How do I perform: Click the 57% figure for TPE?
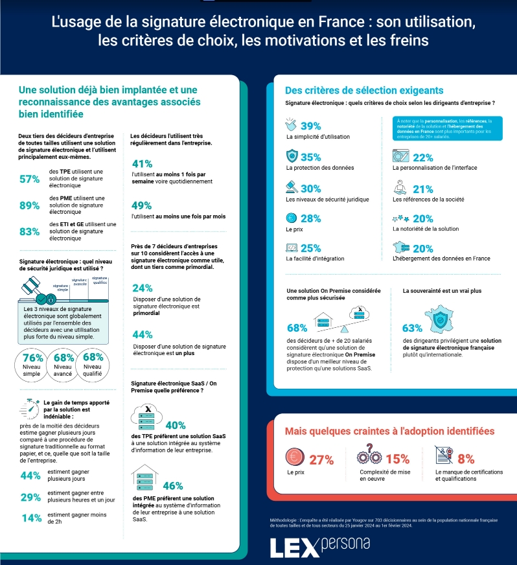pos(30,179)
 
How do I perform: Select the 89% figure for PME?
pos(30,205)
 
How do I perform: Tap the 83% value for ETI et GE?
pos(30,231)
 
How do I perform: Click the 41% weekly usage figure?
pos(142,164)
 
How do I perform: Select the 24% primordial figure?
pos(142,288)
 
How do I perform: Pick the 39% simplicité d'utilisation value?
pos(311,126)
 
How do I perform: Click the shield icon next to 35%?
pos(292,157)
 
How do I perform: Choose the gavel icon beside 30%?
pos(292,187)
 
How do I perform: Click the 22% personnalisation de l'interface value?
pos(422,157)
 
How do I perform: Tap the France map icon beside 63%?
pos(443,317)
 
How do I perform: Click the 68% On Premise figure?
pos(297,328)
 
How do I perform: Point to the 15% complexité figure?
pos(398,459)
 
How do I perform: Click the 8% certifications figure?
pos(466,459)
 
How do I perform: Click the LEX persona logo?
pos(320,548)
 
